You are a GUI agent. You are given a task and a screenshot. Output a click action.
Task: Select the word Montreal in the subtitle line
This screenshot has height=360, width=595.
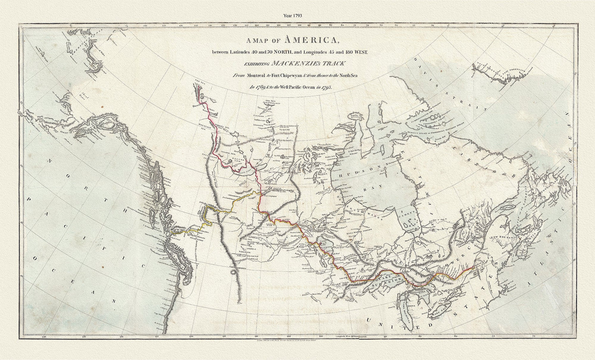pyautogui.click(x=257, y=75)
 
